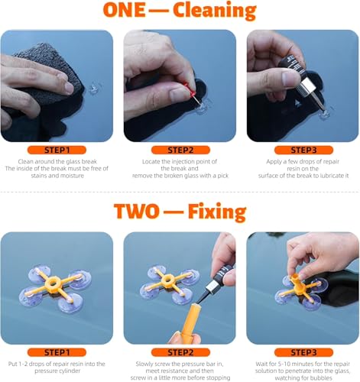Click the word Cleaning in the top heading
point(215,11)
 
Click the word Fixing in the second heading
point(217,212)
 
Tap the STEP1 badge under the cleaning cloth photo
point(57,150)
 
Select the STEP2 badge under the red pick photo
point(180,150)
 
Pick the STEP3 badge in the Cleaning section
point(303,150)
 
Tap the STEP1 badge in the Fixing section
point(57,352)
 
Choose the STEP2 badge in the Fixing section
point(180,352)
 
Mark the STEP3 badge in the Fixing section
point(303,352)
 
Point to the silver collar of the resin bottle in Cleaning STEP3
point(306,86)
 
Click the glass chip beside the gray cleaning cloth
point(95,88)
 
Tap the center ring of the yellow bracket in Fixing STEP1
point(53,282)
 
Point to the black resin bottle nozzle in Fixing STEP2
point(202,296)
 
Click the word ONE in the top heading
point(124,10)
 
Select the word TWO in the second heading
point(136,212)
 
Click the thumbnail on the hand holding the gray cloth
point(69,87)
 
